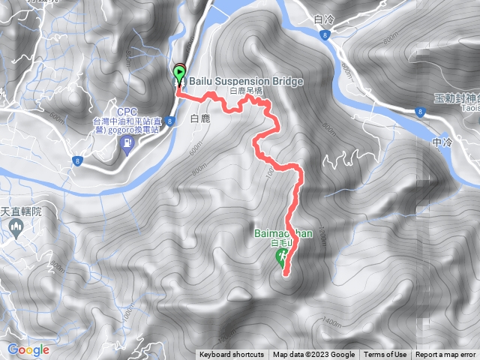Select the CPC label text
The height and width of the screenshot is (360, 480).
[x=126, y=111]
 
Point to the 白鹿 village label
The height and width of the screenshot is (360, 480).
[x=201, y=118]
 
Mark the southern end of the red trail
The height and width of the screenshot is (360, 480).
[x=286, y=274]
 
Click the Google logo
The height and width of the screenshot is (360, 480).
[x=28, y=349]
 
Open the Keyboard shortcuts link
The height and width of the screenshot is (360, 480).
[x=232, y=355]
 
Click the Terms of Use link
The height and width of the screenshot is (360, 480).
[x=385, y=355]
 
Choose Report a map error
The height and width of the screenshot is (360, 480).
[x=445, y=355]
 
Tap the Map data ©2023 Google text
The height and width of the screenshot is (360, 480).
[x=313, y=355]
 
